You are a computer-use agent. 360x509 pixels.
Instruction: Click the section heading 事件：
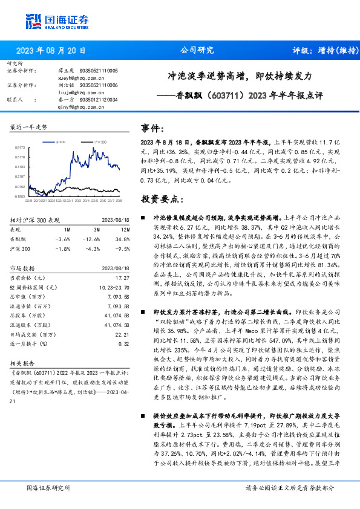[153, 128]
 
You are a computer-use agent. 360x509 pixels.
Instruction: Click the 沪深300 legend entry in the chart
[100, 141]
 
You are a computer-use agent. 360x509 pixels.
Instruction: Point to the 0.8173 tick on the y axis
[19, 146]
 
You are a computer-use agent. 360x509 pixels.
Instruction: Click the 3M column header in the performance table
[96, 230]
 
